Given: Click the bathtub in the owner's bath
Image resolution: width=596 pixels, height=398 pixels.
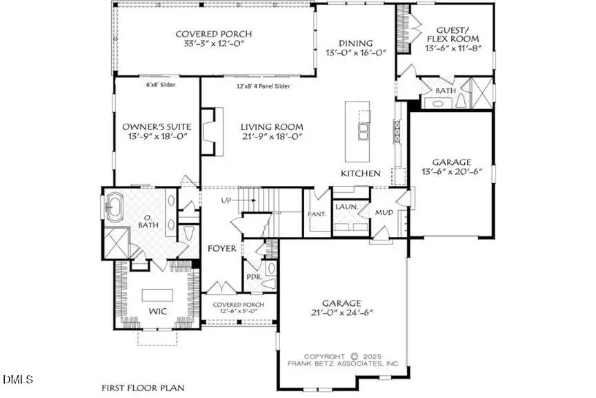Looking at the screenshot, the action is coord(115,207).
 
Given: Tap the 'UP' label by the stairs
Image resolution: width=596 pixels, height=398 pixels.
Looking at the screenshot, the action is coord(226,200).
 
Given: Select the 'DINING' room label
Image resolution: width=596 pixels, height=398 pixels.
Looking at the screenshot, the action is coord(355,44).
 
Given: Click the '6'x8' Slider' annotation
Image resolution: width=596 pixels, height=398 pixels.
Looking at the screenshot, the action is coord(161,85).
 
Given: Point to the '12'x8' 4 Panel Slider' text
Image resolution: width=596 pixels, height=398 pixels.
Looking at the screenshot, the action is coord(263,86).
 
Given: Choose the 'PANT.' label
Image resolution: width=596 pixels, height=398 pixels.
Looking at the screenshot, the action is coord(317,214).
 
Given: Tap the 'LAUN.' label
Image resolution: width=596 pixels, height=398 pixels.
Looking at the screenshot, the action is coord(347,207).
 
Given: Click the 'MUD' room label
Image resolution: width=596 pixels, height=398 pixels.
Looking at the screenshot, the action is coord(384,213).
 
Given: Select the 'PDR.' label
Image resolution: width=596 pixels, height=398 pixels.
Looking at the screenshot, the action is coord(255,277).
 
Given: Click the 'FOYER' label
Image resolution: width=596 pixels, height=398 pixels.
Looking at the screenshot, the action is coord(222,249).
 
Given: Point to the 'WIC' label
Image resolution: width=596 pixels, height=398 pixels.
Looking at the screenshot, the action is coord(157,312).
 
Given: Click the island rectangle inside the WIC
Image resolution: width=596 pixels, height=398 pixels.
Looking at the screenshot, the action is coord(157,295).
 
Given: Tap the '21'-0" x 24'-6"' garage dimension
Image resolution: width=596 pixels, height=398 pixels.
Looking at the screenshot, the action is coord(341,313).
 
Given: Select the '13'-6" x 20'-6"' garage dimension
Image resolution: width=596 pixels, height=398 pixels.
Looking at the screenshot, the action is coord(452,171).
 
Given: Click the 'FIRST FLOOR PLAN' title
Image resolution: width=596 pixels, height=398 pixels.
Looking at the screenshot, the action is coord(143,388).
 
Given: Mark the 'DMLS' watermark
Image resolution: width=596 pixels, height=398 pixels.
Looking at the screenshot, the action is coord(17,379).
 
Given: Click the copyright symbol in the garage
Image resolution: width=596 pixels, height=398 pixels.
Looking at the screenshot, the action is coord(354,357).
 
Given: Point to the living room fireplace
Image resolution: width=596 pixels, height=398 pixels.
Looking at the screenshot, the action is coord(211,131).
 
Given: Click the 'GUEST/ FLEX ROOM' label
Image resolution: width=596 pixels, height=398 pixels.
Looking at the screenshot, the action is coord(453,35).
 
